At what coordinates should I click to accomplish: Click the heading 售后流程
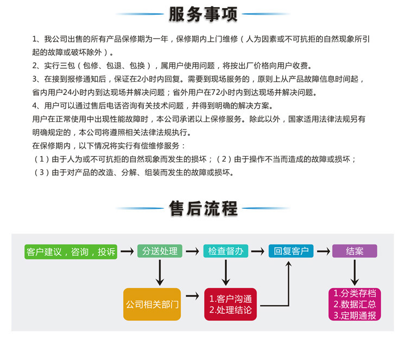click(203, 208)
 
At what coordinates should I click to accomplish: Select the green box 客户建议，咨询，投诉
click(71, 252)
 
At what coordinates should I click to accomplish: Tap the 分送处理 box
click(160, 251)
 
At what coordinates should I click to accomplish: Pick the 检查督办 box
click(226, 251)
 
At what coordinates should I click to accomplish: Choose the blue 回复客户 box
click(291, 251)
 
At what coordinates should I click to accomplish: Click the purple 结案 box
click(354, 251)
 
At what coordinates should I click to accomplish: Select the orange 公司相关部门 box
click(152, 304)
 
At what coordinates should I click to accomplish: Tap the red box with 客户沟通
click(231, 304)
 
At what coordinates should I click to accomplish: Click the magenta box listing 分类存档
click(354, 304)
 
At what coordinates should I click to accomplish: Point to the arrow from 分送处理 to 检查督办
click(192, 252)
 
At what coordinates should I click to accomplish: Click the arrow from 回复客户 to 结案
click(323, 252)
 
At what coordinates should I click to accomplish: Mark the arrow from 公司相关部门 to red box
click(192, 296)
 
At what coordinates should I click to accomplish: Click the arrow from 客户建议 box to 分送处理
click(127, 252)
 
